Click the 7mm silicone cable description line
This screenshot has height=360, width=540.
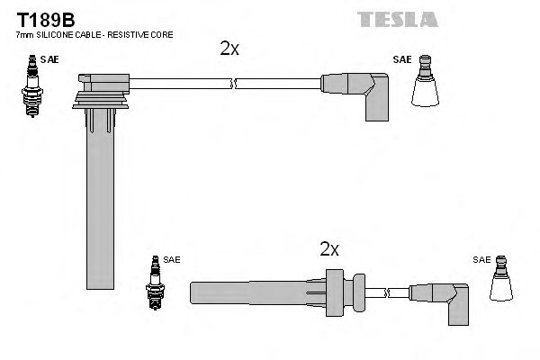tap(94, 34)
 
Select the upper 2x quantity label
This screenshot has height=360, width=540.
tap(229, 49)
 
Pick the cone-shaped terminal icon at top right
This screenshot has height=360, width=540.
tap(426, 88)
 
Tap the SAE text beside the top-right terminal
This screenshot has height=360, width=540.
tap(401, 59)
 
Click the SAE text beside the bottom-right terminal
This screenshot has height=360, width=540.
tap(481, 259)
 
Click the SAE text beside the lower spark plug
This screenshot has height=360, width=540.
tap(171, 259)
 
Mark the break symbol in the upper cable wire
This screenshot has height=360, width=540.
tap(233, 85)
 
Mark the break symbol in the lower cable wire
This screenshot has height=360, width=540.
tap(386, 292)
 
